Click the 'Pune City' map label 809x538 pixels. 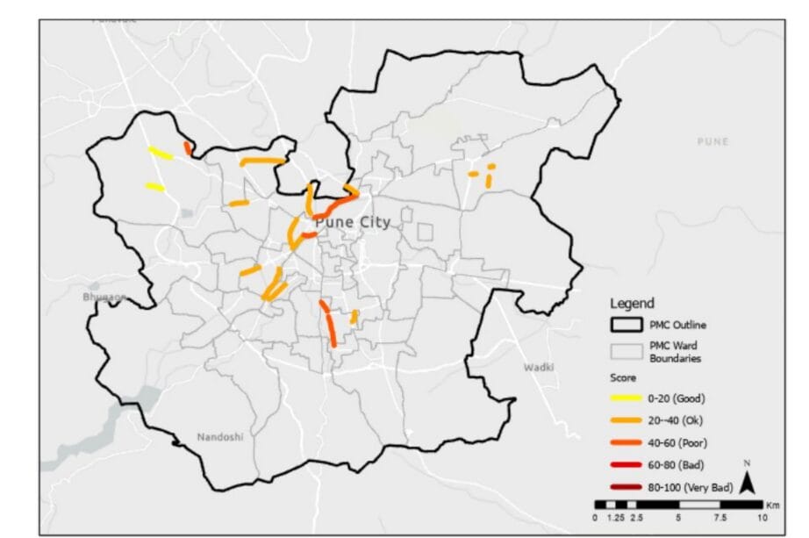[352, 223]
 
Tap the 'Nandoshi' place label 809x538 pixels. [219, 436]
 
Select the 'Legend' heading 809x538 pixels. [631, 304]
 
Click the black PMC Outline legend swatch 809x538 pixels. [626, 326]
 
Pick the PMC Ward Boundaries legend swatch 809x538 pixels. [626, 351]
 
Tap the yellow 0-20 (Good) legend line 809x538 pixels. [627, 398]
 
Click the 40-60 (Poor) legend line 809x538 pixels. [627, 441]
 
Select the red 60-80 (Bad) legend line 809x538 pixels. [627, 464]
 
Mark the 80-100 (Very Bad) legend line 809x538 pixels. [627, 486]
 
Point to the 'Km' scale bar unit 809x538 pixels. [772, 506]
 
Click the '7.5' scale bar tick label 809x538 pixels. [720, 518]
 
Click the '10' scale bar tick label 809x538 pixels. [761, 518]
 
